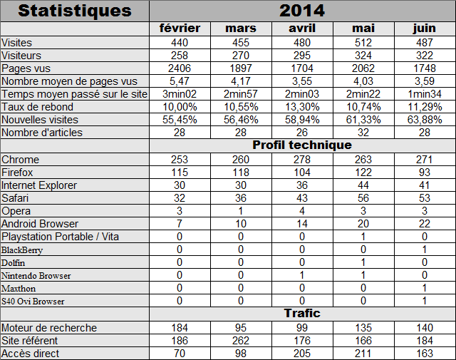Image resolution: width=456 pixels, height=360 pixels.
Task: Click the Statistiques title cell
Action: (75, 11)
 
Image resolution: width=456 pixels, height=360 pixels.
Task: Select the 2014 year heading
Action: (302, 11)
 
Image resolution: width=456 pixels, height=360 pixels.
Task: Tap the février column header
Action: (180, 29)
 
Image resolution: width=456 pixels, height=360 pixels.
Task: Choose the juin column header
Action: (425, 29)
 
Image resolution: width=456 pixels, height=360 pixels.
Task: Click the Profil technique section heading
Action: (302, 145)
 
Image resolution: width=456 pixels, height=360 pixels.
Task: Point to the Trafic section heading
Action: (302, 313)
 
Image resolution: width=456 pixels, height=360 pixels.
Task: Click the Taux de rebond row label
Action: (37, 107)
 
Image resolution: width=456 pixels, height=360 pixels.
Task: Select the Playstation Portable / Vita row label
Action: (60, 237)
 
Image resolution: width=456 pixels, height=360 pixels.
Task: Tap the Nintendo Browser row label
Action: (36, 276)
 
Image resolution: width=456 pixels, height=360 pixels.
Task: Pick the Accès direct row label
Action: (30, 354)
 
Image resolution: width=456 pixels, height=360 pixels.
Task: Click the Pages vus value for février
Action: (180, 68)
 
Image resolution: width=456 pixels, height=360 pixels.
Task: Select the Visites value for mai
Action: (363, 43)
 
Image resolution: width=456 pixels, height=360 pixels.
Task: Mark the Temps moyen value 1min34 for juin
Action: (425, 94)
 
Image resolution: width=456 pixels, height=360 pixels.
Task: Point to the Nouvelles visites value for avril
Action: (302, 120)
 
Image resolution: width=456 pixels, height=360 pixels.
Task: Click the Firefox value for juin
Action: (425, 173)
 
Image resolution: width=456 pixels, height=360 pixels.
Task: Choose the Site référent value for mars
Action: (241, 341)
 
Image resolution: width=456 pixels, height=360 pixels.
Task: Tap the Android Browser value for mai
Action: (363, 224)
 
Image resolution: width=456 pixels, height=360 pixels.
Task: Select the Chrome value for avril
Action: (302, 160)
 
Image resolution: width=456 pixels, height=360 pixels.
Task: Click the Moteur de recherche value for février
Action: (180, 328)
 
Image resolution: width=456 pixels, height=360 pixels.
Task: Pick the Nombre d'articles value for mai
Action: (363, 133)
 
